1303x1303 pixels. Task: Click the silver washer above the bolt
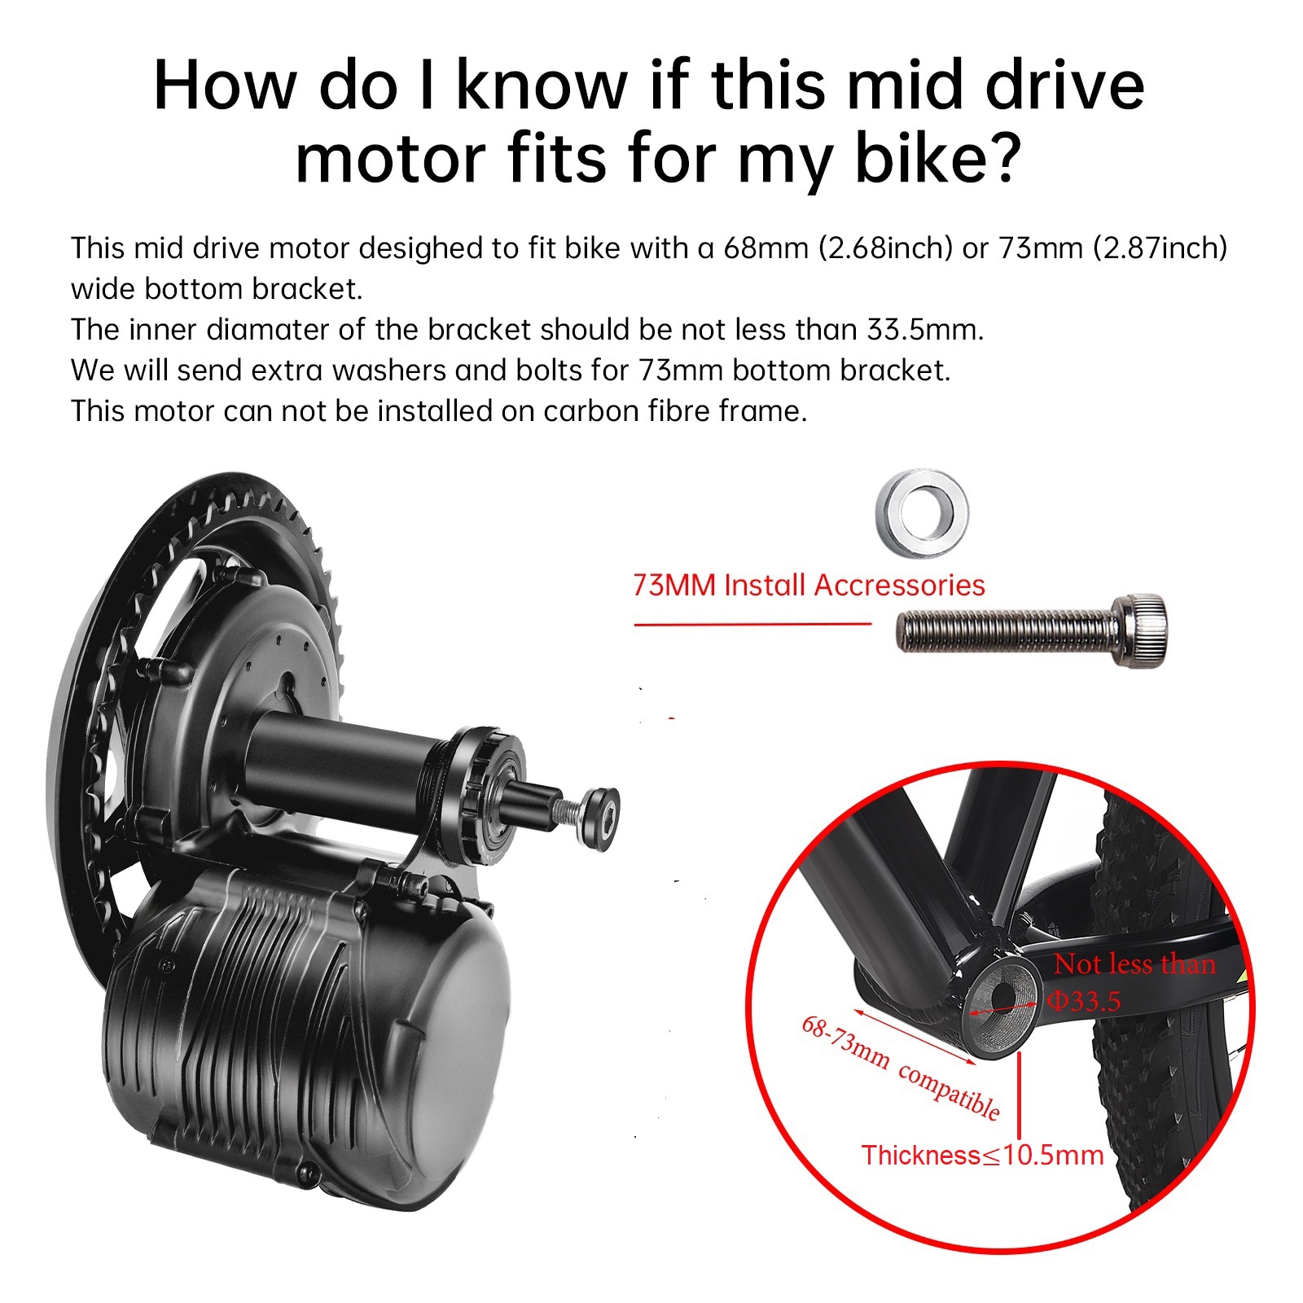coord(922,513)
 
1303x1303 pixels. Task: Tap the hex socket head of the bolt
coord(1138,630)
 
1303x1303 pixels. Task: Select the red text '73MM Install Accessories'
coord(809,586)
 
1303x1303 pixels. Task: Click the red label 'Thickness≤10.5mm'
coord(982,1155)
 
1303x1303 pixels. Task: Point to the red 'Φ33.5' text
coord(1084,1000)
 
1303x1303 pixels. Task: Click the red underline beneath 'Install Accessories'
coord(752,625)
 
